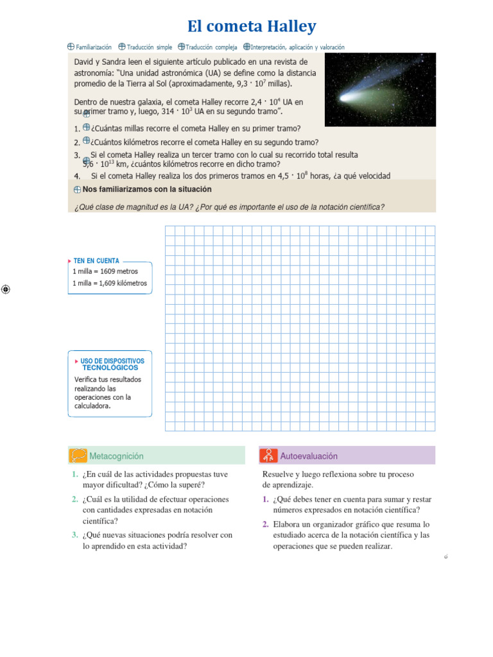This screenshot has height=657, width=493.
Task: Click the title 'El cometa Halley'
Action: [x=252, y=26]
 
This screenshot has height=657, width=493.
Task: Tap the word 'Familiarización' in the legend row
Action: [x=94, y=47]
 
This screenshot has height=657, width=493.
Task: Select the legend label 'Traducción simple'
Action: [x=150, y=47]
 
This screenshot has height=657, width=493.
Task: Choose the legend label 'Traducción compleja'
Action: [x=212, y=47]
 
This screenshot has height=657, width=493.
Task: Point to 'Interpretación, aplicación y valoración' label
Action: [x=297, y=47]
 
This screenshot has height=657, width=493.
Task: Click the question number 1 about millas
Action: [x=76, y=128]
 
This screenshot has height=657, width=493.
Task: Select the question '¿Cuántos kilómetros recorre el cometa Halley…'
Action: [x=204, y=142]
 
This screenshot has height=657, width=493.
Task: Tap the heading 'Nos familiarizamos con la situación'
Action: [x=147, y=190]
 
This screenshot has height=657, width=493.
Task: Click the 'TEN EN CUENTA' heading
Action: [x=96, y=261]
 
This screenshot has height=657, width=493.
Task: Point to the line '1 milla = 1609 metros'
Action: [x=105, y=271]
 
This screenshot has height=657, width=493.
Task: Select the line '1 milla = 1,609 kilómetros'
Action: [x=109, y=283]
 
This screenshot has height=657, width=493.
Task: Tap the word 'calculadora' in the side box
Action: [x=92, y=405]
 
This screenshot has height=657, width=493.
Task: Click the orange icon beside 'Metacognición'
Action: [x=78, y=456]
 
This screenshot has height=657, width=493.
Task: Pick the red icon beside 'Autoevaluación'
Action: [x=268, y=456]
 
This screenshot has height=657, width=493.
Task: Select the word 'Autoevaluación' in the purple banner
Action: [x=309, y=456]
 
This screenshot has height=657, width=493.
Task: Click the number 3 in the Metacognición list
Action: [x=75, y=535]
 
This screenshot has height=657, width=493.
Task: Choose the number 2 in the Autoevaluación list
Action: [x=265, y=524]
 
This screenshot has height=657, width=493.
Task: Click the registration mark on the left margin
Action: [x=5, y=289]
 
